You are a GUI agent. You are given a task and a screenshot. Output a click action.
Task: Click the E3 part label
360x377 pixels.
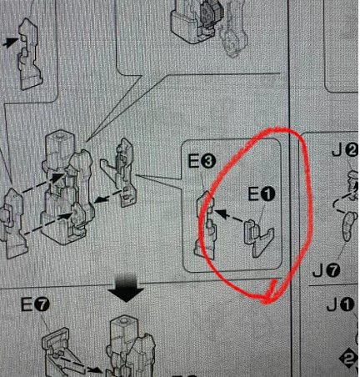pyautogui.click(x=202, y=162)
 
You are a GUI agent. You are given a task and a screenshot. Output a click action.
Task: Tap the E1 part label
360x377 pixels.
pyautogui.click(x=261, y=194)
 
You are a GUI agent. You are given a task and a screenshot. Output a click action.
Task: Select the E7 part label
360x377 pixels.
pyautogui.click(x=35, y=305)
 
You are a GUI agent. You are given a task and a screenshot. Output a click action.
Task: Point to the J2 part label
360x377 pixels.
pyautogui.click(x=345, y=152)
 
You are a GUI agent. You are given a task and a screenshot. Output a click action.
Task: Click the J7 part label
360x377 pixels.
pyautogui.click(x=327, y=270)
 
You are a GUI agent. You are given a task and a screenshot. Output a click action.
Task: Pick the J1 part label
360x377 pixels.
pyautogui.click(x=341, y=305)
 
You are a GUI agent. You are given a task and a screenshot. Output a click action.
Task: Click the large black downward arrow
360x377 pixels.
pyautogui.click(x=127, y=289)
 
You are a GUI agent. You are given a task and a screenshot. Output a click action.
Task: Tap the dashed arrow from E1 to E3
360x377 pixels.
pyautogui.click(x=230, y=216)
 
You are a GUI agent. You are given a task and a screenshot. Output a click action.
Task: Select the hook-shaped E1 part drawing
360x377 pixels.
pyautogui.click(x=259, y=238)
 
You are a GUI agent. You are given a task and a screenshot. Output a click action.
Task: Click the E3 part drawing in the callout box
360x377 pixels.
pyautogui.click(x=205, y=224)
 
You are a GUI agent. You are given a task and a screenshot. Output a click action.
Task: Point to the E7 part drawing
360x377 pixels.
pyautogui.click(x=64, y=352)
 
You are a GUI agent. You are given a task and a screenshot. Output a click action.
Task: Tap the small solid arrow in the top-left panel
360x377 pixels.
pyautogui.click(x=11, y=43)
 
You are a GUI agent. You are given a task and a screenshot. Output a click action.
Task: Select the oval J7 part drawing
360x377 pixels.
pyautogui.click(x=349, y=225)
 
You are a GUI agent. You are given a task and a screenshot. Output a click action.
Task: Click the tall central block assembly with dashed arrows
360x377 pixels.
pyautogui.click(x=68, y=188)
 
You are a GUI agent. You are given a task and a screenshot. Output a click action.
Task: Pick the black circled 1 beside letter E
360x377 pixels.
pyautogui.click(x=267, y=194)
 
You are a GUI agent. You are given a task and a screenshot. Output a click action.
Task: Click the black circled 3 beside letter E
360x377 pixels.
pyautogui.click(x=208, y=162)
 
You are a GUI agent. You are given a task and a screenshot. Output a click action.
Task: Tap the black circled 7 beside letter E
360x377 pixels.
pyautogui.click(x=42, y=305)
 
